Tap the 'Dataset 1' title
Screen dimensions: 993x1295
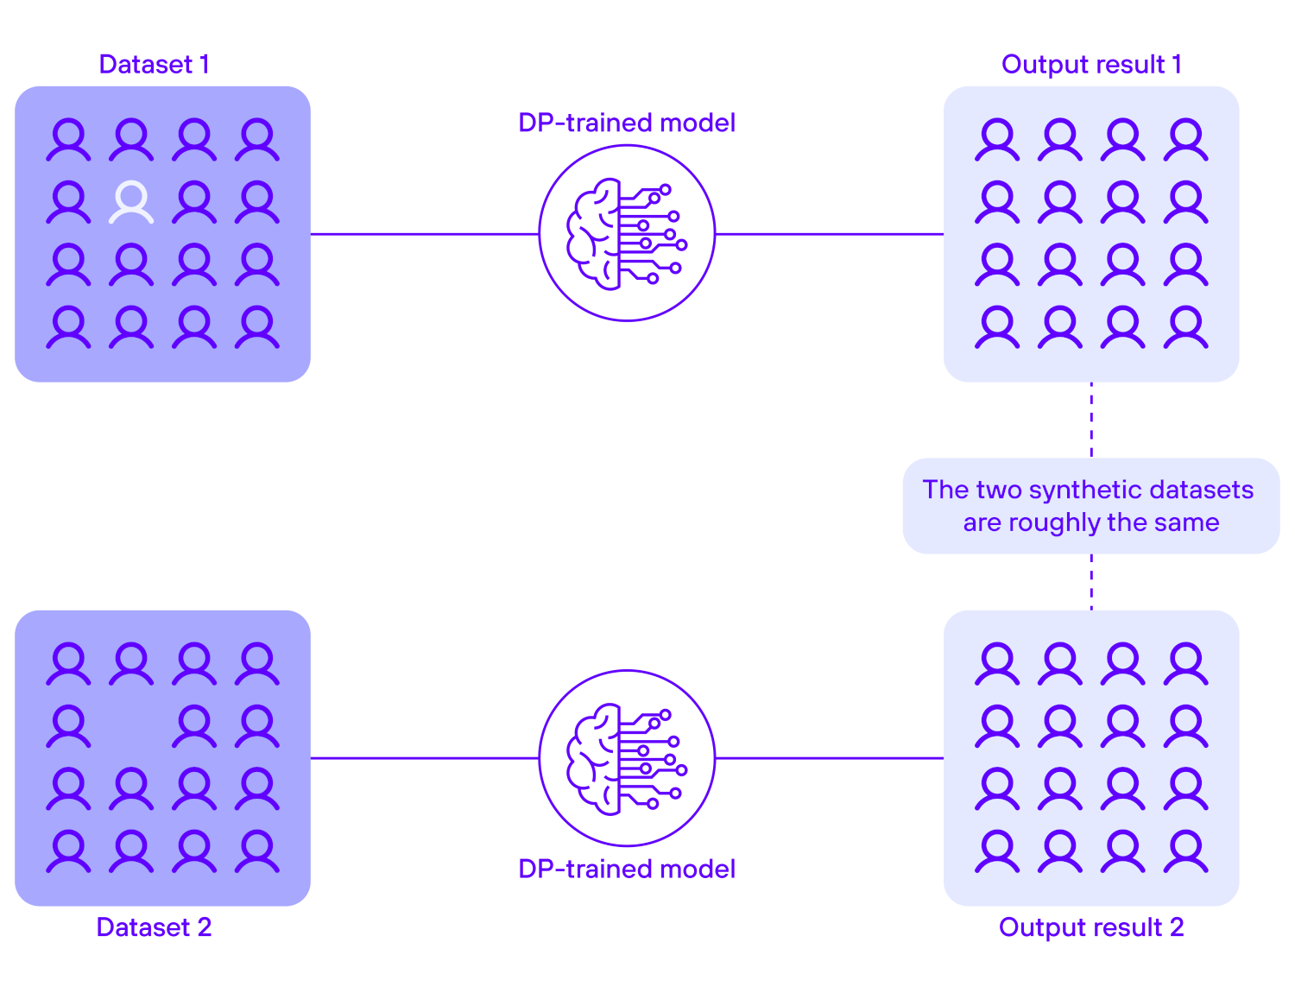pyautogui.click(x=154, y=65)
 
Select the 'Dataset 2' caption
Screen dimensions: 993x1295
pyautogui.click(x=154, y=927)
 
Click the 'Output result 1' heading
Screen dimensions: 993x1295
pyautogui.click(x=1091, y=65)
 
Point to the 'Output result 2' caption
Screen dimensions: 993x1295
pyautogui.click(x=1091, y=927)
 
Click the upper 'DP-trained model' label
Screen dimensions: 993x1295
pyautogui.click(x=627, y=123)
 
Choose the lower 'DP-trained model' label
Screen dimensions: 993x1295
pyautogui.click(x=627, y=869)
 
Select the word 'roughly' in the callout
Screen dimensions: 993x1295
pyautogui.click(x=1055, y=522)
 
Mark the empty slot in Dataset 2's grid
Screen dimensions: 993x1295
pyautogui.click(x=131, y=725)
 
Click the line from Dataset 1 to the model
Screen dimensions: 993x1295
pyautogui.click(x=424, y=234)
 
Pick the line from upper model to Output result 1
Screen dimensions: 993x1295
pyautogui.click(x=829, y=234)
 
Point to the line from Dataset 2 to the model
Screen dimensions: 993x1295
pyautogui.click(x=424, y=758)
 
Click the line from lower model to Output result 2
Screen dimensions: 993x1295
pyautogui.click(x=829, y=758)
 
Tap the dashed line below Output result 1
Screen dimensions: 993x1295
pyautogui.click(x=1091, y=420)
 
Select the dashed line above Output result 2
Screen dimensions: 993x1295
pyautogui.click(x=1091, y=581)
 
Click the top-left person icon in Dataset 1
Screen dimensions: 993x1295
pyautogui.click(x=68, y=140)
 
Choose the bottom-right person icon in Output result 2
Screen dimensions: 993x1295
pyautogui.click(x=1185, y=851)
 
